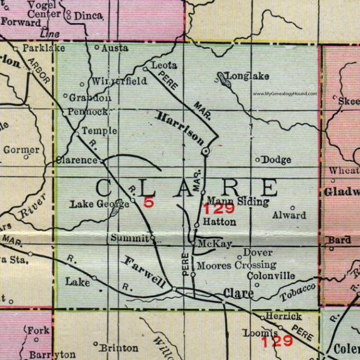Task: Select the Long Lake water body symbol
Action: (223, 80)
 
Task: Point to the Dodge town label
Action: (277, 160)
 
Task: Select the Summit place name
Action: (129, 238)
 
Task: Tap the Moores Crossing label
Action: (236, 266)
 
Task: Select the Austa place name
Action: (115, 48)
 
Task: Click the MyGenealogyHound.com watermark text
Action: (285, 94)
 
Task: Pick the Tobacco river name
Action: (298, 293)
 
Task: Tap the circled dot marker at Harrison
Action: (206, 151)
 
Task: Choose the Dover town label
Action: (257, 253)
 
